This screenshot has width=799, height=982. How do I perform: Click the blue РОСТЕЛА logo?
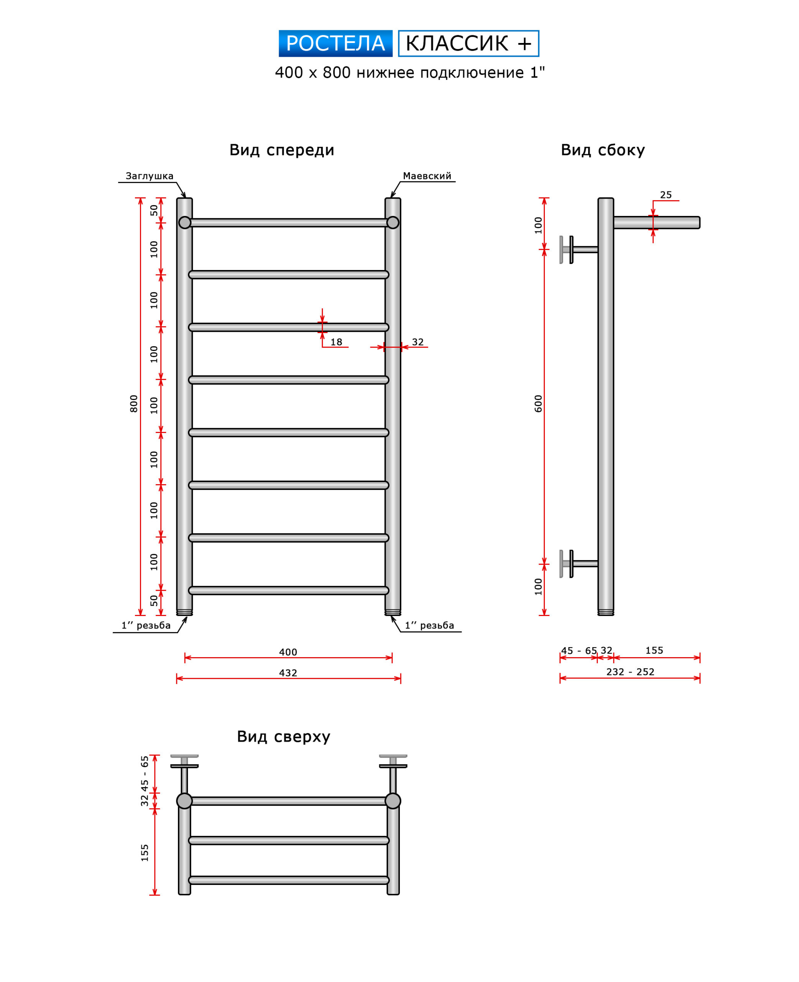click(335, 44)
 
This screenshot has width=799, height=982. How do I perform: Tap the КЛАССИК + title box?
click(468, 44)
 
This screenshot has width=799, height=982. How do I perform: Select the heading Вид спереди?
click(282, 150)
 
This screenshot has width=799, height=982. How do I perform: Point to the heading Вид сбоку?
click(602, 150)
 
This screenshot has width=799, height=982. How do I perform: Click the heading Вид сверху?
click(283, 736)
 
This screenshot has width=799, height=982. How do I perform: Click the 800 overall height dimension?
click(134, 404)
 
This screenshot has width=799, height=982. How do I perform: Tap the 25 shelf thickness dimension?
click(666, 195)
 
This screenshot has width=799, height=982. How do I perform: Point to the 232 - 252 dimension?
click(630, 672)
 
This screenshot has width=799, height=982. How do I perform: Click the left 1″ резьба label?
click(146, 626)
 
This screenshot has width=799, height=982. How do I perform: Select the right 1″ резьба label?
click(429, 626)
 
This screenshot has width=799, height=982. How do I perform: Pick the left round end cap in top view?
click(184, 801)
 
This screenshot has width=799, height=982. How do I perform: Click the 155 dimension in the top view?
click(145, 853)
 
